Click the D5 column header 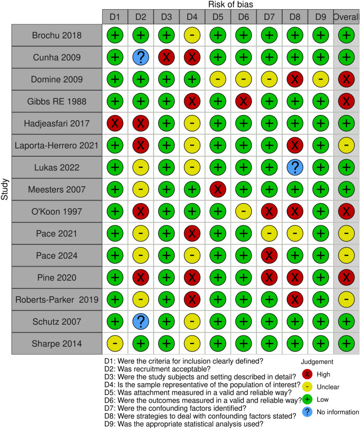coord(218,16)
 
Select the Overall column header coord(346,16)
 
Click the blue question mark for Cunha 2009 coord(141,58)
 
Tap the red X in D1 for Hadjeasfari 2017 coord(115,123)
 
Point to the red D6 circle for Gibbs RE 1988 coord(244,101)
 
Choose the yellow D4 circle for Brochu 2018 coord(192,36)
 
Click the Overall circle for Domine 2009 coord(346,79)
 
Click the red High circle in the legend coord(307,374)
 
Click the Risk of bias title coord(218,5)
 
